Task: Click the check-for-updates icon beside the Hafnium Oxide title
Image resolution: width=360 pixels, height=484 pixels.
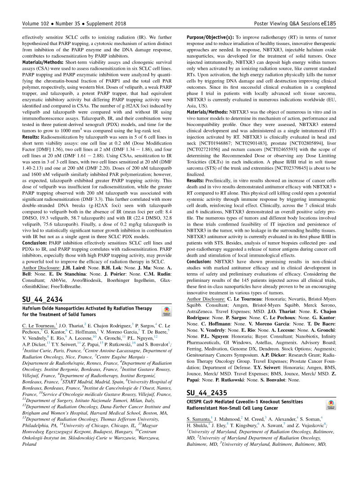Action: click(166, 312)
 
